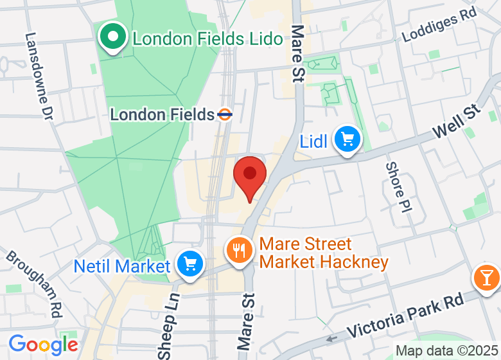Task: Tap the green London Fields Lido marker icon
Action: point(114,37)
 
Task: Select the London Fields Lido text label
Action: point(207,39)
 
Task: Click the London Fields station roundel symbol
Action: point(224,115)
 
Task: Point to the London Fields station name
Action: point(162,115)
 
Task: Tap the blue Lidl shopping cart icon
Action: point(347,138)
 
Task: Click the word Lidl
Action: point(313,141)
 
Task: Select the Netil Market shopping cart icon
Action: point(189,264)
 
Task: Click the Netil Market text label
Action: point(122,265)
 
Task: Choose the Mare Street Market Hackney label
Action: point(324,253)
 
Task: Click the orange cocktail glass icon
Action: point(486,277)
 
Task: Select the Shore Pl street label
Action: point(398,188)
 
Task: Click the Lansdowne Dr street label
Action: point(39,77)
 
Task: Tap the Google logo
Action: point(43,345)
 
